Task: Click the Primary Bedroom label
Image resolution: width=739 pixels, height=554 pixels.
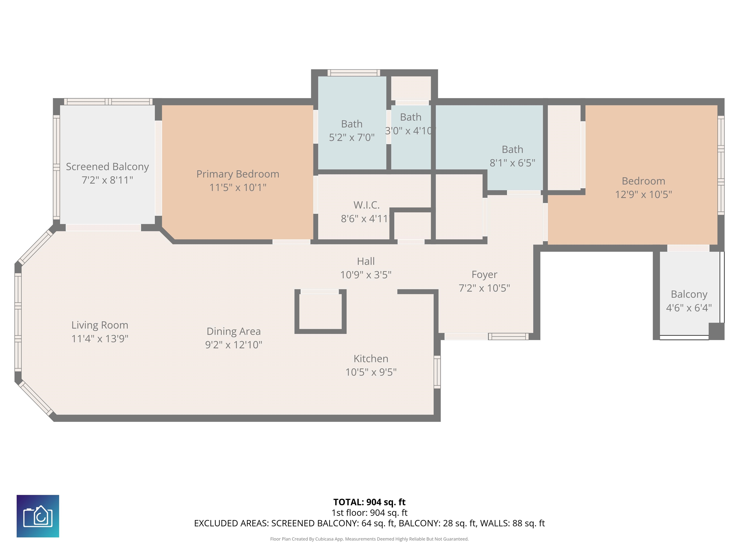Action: coord(237,174)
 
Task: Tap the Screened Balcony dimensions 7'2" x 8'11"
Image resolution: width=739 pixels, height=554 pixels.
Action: coord(107,180)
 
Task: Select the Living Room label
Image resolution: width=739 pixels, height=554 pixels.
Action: coord(100,325)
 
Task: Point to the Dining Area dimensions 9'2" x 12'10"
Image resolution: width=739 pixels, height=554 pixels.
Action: coord(234,345)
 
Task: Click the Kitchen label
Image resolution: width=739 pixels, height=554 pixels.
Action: coord(371,359)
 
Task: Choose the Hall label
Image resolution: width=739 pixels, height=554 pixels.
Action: coord(365,261)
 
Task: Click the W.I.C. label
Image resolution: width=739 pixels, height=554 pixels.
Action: coord(367,205)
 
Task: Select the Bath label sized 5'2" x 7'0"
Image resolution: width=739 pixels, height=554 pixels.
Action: coord(351,124)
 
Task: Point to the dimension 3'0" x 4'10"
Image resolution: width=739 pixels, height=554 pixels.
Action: coord(410,131)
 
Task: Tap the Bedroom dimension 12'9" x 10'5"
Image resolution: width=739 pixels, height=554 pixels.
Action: coord(643,194)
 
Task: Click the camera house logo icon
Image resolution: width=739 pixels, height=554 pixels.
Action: coord(38,516)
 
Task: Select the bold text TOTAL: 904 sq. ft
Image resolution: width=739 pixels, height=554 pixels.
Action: coord(369,502)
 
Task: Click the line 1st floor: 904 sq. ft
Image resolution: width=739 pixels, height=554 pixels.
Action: coord(369,513)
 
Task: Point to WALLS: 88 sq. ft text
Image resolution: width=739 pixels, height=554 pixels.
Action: coord(512,523)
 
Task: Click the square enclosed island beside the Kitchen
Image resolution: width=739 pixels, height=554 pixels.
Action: coord(320,311)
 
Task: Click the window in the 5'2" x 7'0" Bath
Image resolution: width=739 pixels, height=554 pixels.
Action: coord(353,73)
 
